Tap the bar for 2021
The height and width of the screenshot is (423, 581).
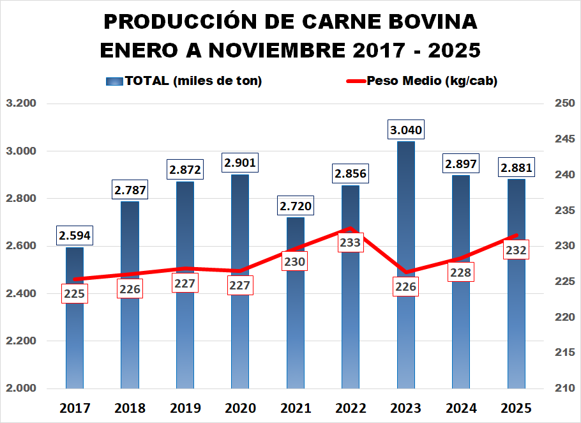pos(296,332)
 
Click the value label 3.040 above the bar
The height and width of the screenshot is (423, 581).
pos(406,130)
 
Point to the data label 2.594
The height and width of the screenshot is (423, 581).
pos(75,236)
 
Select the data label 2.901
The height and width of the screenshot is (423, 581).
pos(240,164)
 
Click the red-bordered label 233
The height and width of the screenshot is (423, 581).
pos(351,243)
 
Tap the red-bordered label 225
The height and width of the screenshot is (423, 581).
pos(75,294)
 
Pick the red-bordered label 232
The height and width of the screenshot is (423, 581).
pos(516,250)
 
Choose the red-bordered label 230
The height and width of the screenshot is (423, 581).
pos(296,261)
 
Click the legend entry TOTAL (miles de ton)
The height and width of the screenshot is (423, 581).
pos(185,81)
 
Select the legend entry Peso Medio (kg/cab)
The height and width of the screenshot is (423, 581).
pos(421,81)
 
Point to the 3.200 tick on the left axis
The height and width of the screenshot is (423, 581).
pos(21,104)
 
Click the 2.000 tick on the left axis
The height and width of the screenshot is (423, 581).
pos(21,388)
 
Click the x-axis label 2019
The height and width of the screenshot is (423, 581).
pos(185,408)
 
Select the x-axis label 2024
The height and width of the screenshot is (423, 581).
pos(461,408)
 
